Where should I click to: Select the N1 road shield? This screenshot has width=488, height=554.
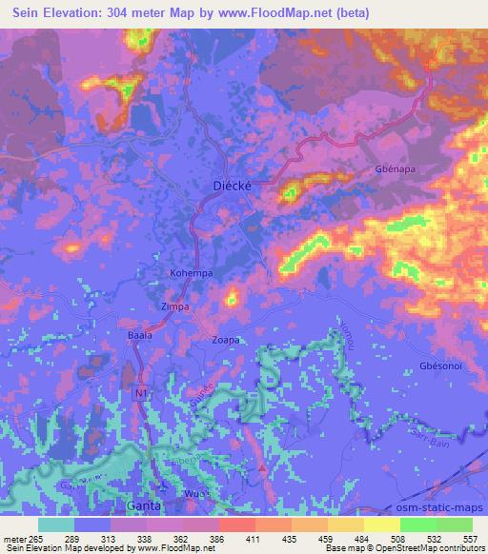[141, 390]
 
